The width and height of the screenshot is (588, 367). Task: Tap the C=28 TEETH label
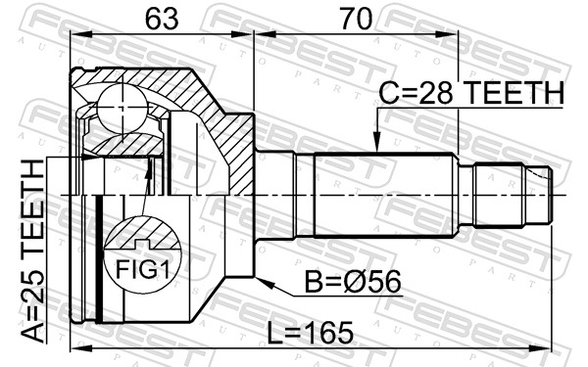(470, 93)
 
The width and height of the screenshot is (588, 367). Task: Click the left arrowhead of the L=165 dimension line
(76, 347)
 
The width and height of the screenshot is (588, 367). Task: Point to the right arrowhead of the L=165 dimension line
(545, 347)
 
